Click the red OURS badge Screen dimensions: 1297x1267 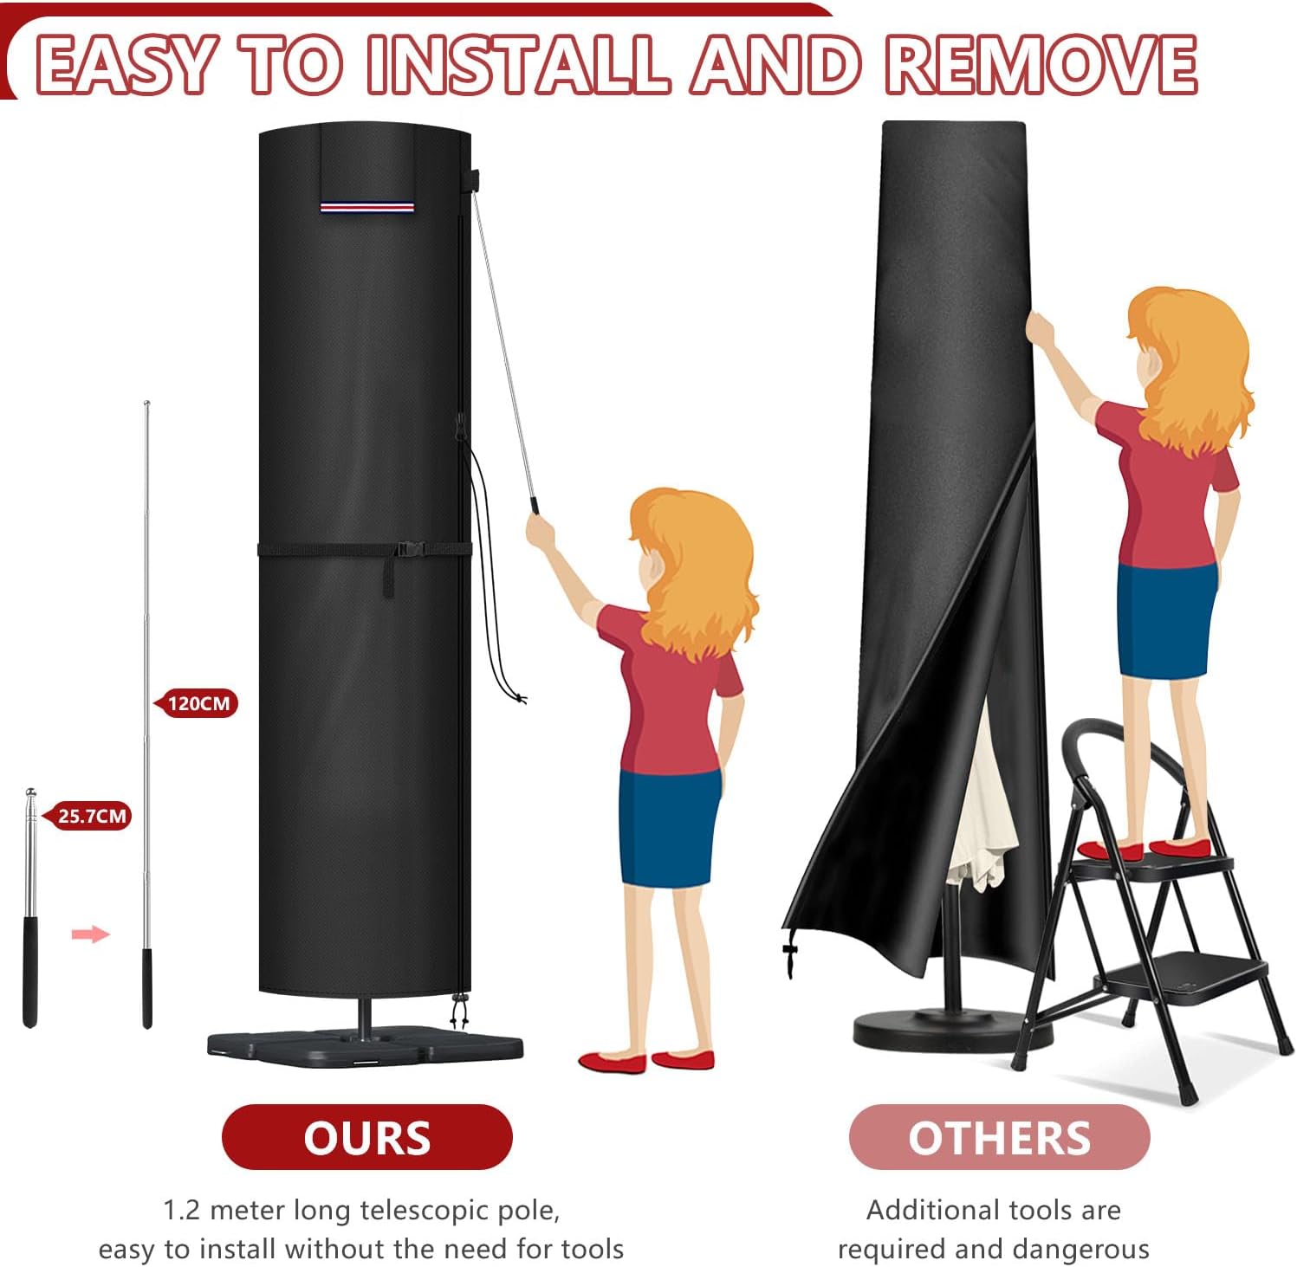click(367, 1137)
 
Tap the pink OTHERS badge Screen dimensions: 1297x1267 click(999, 1137)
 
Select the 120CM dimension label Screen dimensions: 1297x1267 click(195, 703)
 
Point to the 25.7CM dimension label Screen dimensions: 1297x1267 click(88, 816)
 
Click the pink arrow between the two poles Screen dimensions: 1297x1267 click(90, 934)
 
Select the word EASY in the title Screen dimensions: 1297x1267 click(126, 64)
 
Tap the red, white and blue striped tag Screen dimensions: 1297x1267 click(366, 207)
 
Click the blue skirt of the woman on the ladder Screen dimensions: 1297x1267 click(1166, 617)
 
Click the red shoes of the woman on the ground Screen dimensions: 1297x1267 click(646, 1061)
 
